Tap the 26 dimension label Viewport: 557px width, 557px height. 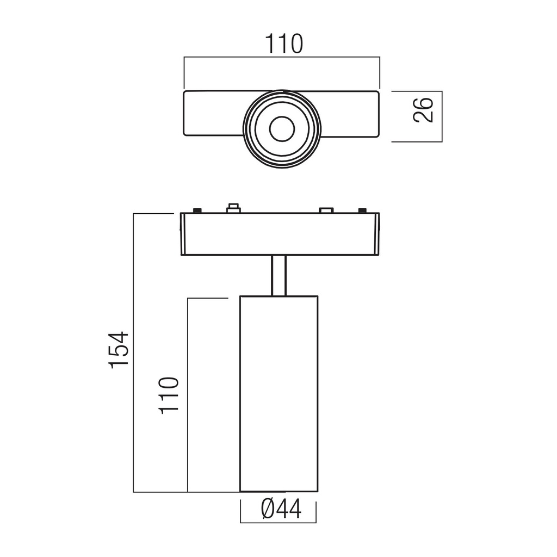423,110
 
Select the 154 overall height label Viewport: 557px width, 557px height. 119,350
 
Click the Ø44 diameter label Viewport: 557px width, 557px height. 281,509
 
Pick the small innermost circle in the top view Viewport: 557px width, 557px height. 282,128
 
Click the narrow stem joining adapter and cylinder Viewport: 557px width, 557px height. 278,275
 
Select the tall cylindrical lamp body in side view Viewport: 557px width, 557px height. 279,394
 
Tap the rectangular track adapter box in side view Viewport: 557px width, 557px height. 280,234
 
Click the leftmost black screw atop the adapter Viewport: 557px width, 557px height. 197,211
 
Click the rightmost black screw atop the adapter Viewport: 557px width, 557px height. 362,211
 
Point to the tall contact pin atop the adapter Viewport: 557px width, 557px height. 233,208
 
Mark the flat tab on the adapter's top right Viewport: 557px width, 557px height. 326,211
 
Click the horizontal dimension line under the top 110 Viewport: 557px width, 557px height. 282,57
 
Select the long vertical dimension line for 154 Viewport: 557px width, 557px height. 134,352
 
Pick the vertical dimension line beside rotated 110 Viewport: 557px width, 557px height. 188,395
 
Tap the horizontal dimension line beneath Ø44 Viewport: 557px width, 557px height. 278,523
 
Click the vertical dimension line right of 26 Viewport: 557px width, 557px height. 442,116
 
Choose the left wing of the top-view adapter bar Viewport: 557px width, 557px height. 214,113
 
